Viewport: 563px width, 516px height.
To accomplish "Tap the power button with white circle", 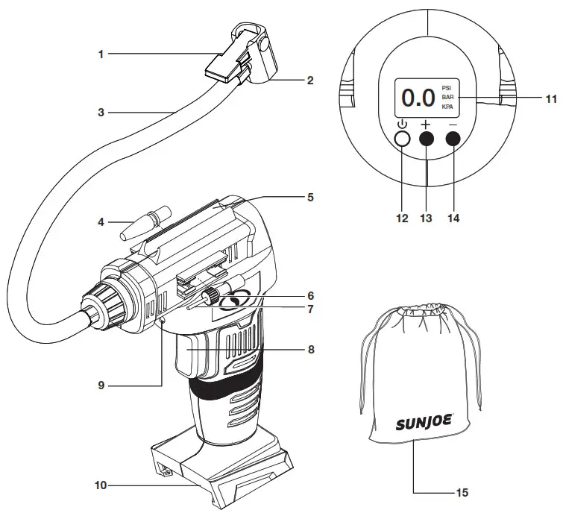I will tap(403, 139).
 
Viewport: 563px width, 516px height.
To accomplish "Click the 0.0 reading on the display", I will tap(418, 98).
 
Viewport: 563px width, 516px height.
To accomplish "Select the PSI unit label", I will tap(447, 86).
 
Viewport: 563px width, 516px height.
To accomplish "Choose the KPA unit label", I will tap(447, 107).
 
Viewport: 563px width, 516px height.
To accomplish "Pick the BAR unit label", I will tap(447, 97).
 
